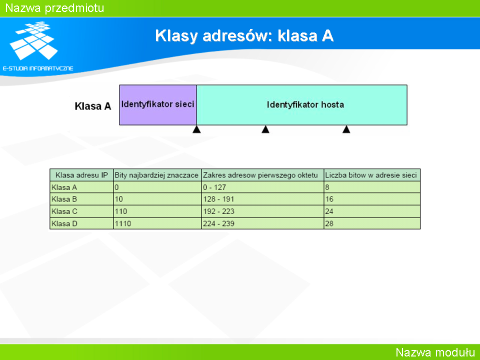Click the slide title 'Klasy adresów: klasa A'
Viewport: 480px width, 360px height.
(244, 36)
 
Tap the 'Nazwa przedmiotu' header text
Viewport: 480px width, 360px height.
(55, 8)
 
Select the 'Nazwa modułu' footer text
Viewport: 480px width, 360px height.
(435, 352)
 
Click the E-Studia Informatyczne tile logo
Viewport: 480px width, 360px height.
(33, 40)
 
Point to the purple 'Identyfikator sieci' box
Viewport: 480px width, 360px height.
(158, 105)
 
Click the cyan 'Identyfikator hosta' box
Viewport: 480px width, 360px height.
(302, 105)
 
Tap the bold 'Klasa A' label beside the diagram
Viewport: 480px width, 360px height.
(93, 106)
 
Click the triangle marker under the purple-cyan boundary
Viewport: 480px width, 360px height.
(196, 129)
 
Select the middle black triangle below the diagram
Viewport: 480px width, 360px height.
(265, 129)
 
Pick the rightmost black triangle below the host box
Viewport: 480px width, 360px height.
(346, 129)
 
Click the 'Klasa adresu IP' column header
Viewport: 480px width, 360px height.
(81, 175)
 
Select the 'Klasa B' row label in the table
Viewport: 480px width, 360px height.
(64, 199)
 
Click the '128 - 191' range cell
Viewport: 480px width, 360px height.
(218, 199)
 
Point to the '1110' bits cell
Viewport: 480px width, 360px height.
(123, 224)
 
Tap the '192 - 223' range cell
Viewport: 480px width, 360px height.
(218, 211)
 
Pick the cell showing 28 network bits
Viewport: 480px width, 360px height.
(329, 224)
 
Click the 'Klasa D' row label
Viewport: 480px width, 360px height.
(64, 224)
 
